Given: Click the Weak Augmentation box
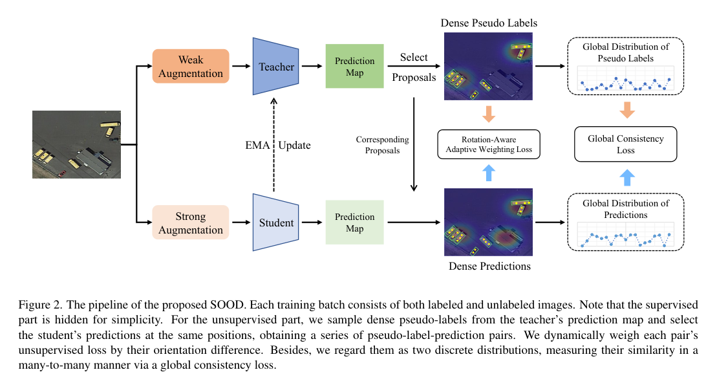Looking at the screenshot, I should pyautogui.click(x=191, y=66).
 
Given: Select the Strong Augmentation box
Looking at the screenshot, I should pyautogui.click(x=191, y=223).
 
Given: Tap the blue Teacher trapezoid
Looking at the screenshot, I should pyautogui.click(x=275, y=67).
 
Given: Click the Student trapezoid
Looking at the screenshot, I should pyautogui.click(x=275, y=223).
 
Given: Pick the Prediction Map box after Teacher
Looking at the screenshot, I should pyautogui.click(x=354, y=67).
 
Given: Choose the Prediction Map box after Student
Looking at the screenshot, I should pyautogui.click(x=354, y=223).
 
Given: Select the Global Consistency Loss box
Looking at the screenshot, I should pyautogui.click(x=625, y=144).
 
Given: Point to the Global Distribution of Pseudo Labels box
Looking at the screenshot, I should pyautogui.click(x=625, y=66).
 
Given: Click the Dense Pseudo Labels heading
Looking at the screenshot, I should pyautogui.click(x=489, y=23).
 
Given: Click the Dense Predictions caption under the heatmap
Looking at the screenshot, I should pyautogui.click(x=488, y=267).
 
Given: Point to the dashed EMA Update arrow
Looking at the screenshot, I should pyautogui.click(x=274, y=145).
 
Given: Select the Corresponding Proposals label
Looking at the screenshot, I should pyautogui.click(x=382, y=145).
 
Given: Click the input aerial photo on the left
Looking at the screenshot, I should pyautogui.click(x=76, y=144).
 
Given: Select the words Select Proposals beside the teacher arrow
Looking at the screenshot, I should pyautogui.click(x=414, y=67).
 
